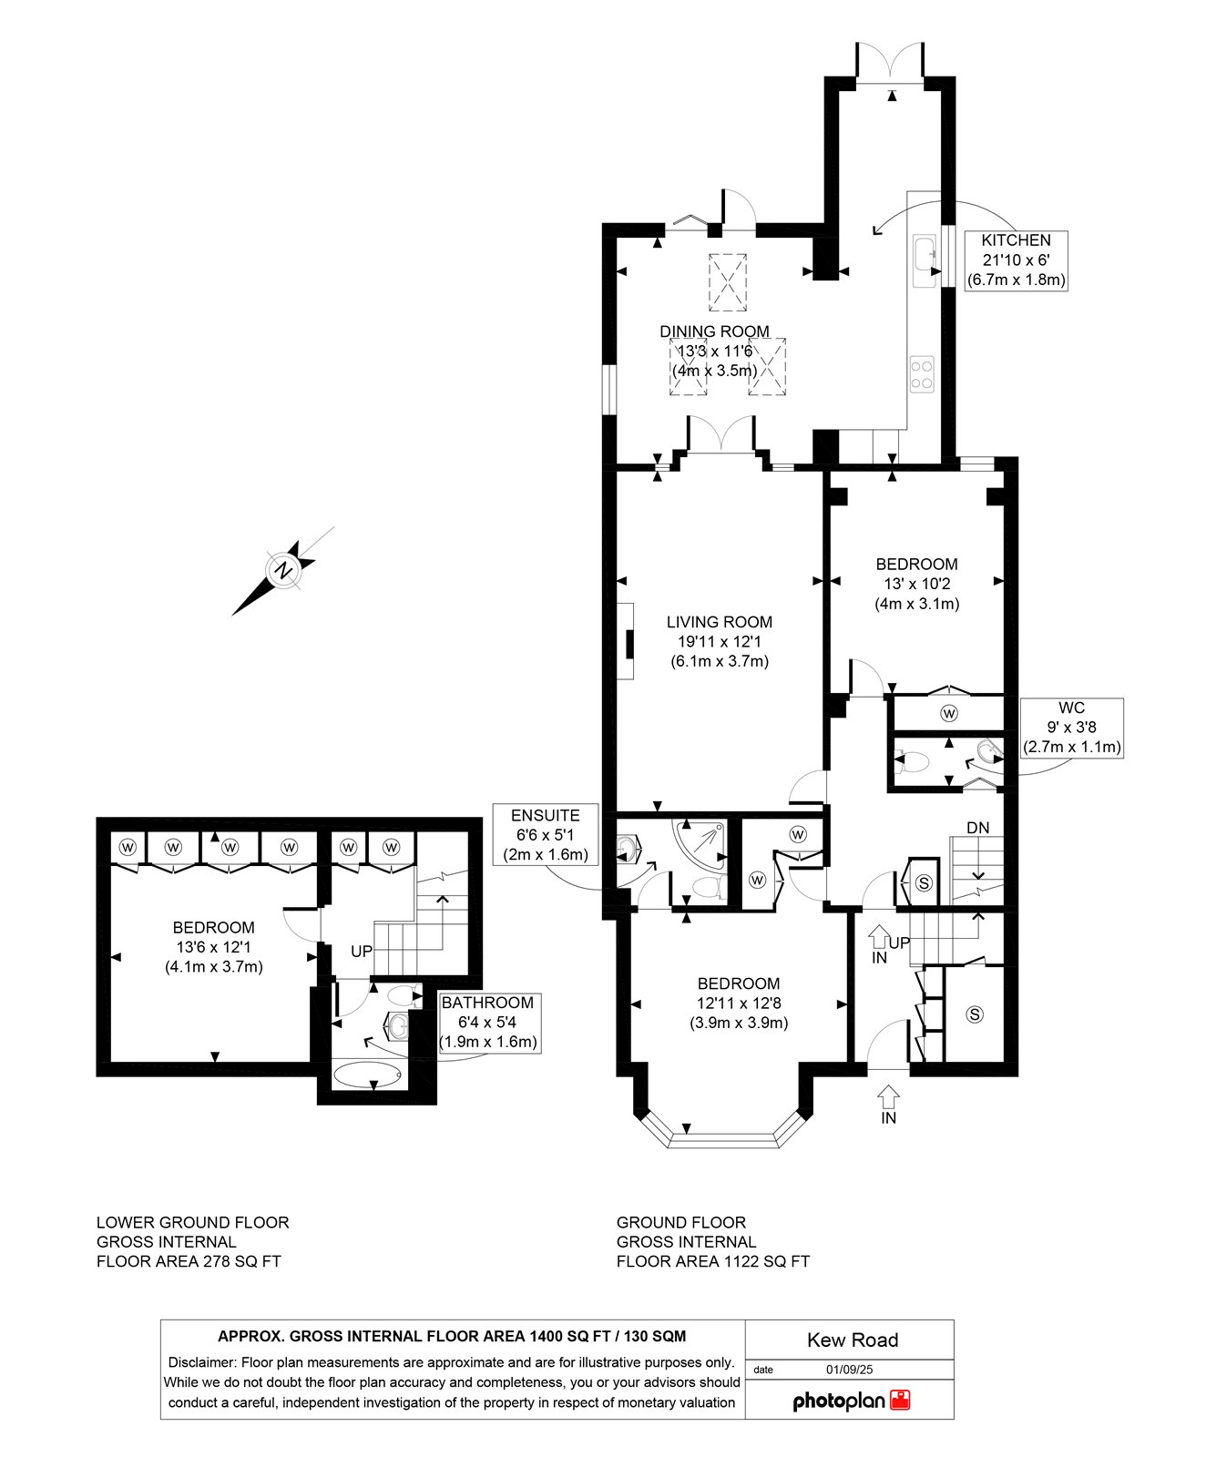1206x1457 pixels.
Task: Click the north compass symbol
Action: [x=284, y=571]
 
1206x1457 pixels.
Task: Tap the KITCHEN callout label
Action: [x=1016, y=260]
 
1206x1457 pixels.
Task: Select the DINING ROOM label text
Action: [x=715, y=331]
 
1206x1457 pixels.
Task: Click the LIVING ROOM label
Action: [x=720, y=622]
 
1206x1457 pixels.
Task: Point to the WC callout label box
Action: [x=1072, y=728]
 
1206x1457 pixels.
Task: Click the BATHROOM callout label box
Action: [x=488, y=1023]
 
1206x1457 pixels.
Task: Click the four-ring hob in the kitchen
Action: [x=922, y=373]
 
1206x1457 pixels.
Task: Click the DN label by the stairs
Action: [x=977, y=828]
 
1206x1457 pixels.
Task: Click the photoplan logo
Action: [x=852, y=1401]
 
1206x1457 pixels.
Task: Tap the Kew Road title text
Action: [x=853, y=1340]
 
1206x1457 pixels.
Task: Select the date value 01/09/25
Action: [x=849, y=1369]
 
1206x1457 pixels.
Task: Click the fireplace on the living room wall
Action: [x=627, y=641]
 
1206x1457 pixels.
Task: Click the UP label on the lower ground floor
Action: [x=362, y=951]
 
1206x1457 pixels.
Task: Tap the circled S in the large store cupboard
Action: [x=975, y=1014]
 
